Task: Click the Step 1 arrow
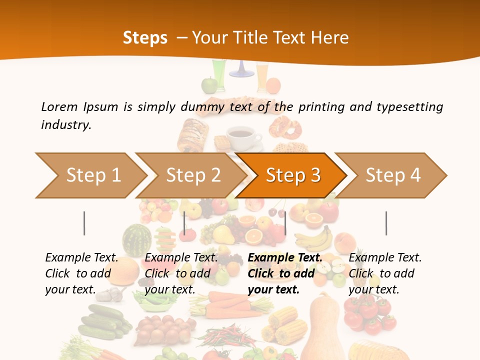click(x=90, y=175)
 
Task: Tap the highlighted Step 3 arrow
click(x=292, y=175)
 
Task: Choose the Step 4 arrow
click(x=392, y=175)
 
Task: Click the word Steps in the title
click(x=145, y=37)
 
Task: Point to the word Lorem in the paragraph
click(x=59, y=106)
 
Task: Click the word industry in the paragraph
click(x=66, y=124)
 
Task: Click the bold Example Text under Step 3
click(x=285, y=257)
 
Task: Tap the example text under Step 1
click(x=81, y=273)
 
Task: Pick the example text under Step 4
click(x=385, y=273)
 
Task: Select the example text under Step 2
click(x=181, y=273)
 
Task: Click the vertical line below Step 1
click(x=84, y=223)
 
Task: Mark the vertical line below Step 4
click(x=386, y=223)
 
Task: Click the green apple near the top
click(x=208, y=85)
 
